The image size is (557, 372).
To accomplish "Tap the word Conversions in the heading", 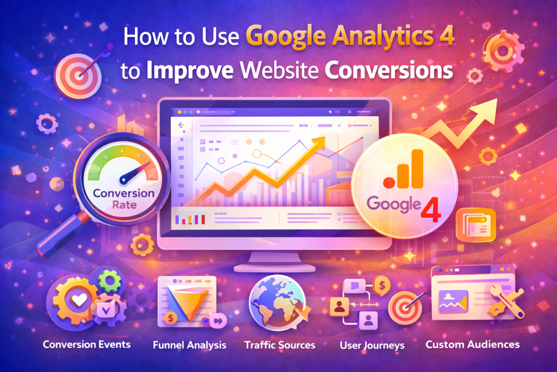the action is [389, 70].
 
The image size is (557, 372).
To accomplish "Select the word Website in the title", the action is [279, 70].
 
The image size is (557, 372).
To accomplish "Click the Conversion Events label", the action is [86, 344].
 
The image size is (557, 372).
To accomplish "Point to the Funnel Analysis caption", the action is [189, 345].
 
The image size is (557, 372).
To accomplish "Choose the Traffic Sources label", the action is [280, 345].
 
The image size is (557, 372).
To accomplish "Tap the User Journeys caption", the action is [372, 345].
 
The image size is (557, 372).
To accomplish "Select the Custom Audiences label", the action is [473, 344].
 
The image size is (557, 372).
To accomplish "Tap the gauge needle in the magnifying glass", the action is [134, 173].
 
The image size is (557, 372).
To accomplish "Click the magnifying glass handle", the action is [61, 234].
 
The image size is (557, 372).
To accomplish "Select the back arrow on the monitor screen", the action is [181, 125].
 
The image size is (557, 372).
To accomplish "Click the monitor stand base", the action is [275, 267].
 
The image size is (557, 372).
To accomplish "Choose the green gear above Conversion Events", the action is [110, 281].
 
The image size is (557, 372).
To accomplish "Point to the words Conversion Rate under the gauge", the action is [123, 199].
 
